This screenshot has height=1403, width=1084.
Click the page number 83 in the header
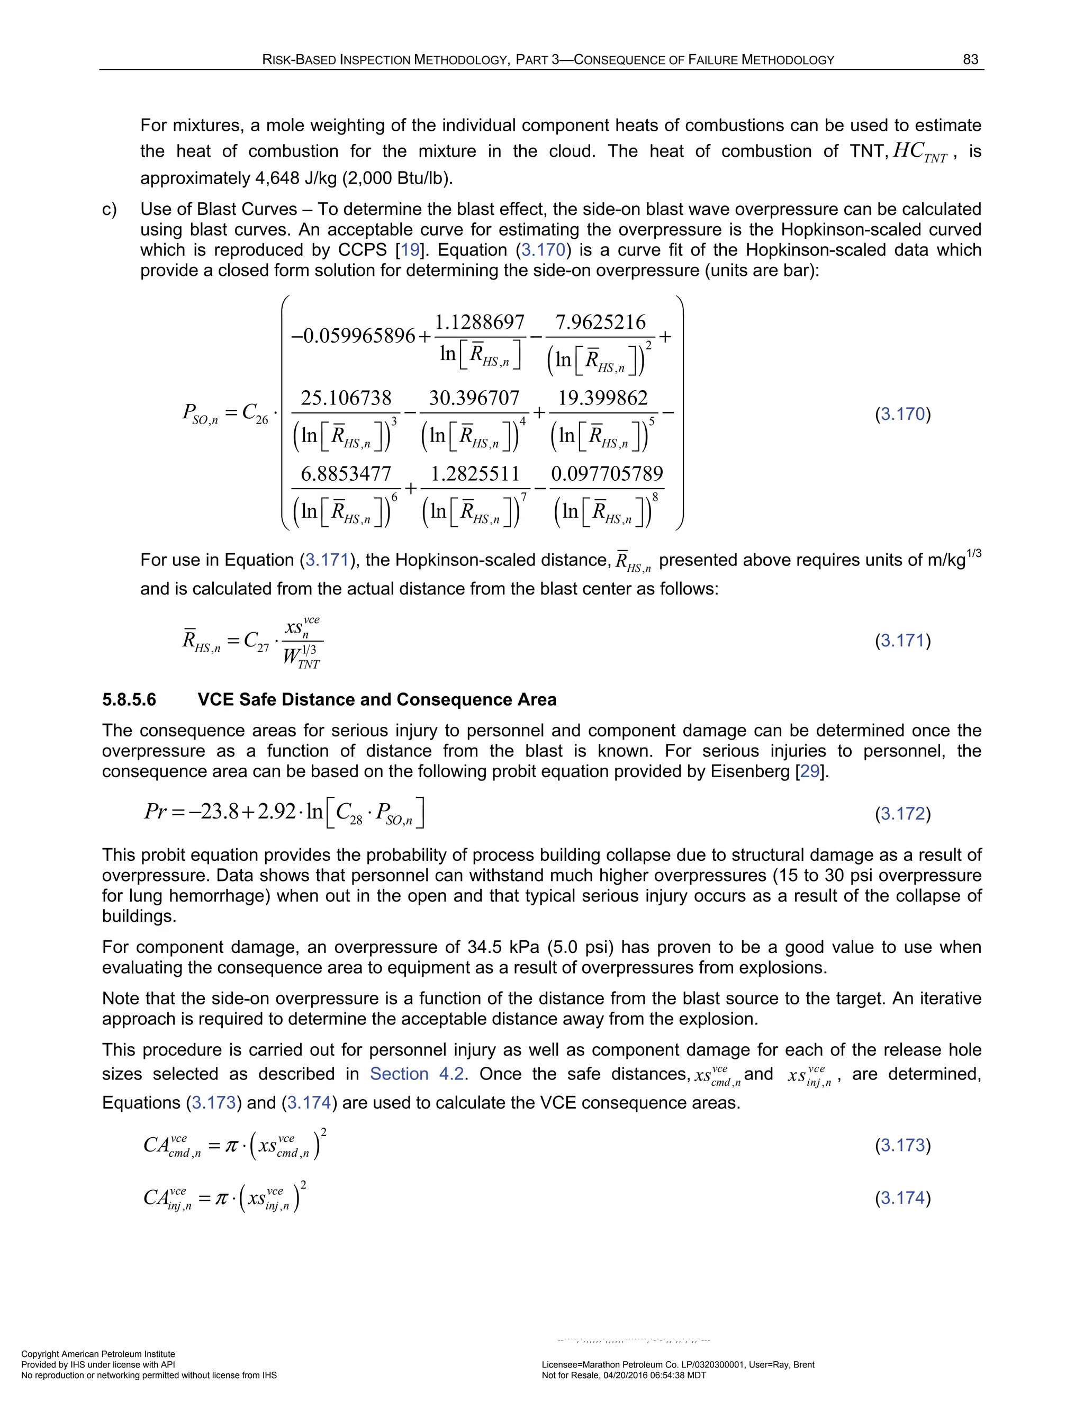(970, 60)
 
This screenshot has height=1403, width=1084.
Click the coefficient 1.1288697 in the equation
(480, 322)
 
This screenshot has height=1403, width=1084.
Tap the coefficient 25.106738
(346, 398)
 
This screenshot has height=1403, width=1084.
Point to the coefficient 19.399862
(603, 398)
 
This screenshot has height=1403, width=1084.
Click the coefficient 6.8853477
(346, 473)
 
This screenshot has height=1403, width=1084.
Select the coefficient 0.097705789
(607, 473)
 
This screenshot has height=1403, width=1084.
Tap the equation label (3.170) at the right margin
(902, 413)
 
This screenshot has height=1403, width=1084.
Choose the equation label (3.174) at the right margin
(902, 1198)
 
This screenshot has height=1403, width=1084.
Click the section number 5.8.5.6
(129, 699)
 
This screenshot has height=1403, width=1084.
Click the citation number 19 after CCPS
(410, 250)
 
